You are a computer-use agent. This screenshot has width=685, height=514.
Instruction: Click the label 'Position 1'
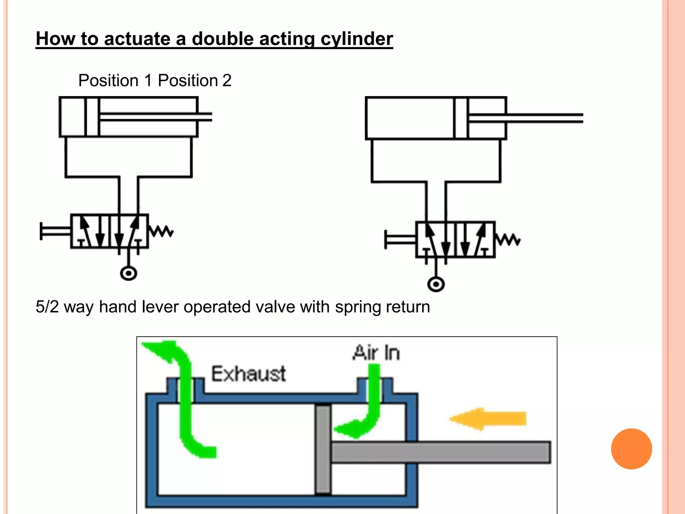pyautogui.click(x=115, y=81)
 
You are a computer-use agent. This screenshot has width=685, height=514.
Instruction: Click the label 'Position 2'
pyautogui.click(x=194, y=81)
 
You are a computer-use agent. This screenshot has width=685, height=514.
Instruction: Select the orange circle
pyautogui.click(x=631, y=449)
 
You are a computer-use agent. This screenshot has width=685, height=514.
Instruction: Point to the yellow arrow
pyautogui.click(x=488, y=419)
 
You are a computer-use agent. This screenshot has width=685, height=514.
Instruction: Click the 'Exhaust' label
pyautogui.click(x=249, y=374)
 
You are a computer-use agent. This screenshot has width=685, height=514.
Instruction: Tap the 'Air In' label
pyautogui.click(x=376, y=353)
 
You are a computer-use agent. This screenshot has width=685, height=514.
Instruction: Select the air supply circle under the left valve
pyautogui.click(x=128, y=273)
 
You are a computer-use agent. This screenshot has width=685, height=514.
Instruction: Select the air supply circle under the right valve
pyautogui.click(x=436, y=284)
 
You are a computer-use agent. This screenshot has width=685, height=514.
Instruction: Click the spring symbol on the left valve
pyautogui.click(x=161, y=231)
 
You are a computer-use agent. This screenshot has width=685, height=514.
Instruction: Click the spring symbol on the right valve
pyautogui.click(x=508, y=240)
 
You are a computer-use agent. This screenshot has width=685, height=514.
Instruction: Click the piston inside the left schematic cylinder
pyautogui.click(x=92, y=117)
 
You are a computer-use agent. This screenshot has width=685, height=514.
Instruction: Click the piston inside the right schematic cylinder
pyautogui.click(x=461, y=118)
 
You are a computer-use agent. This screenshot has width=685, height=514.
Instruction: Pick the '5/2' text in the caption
pyautogui.click(x=47, y=307)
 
